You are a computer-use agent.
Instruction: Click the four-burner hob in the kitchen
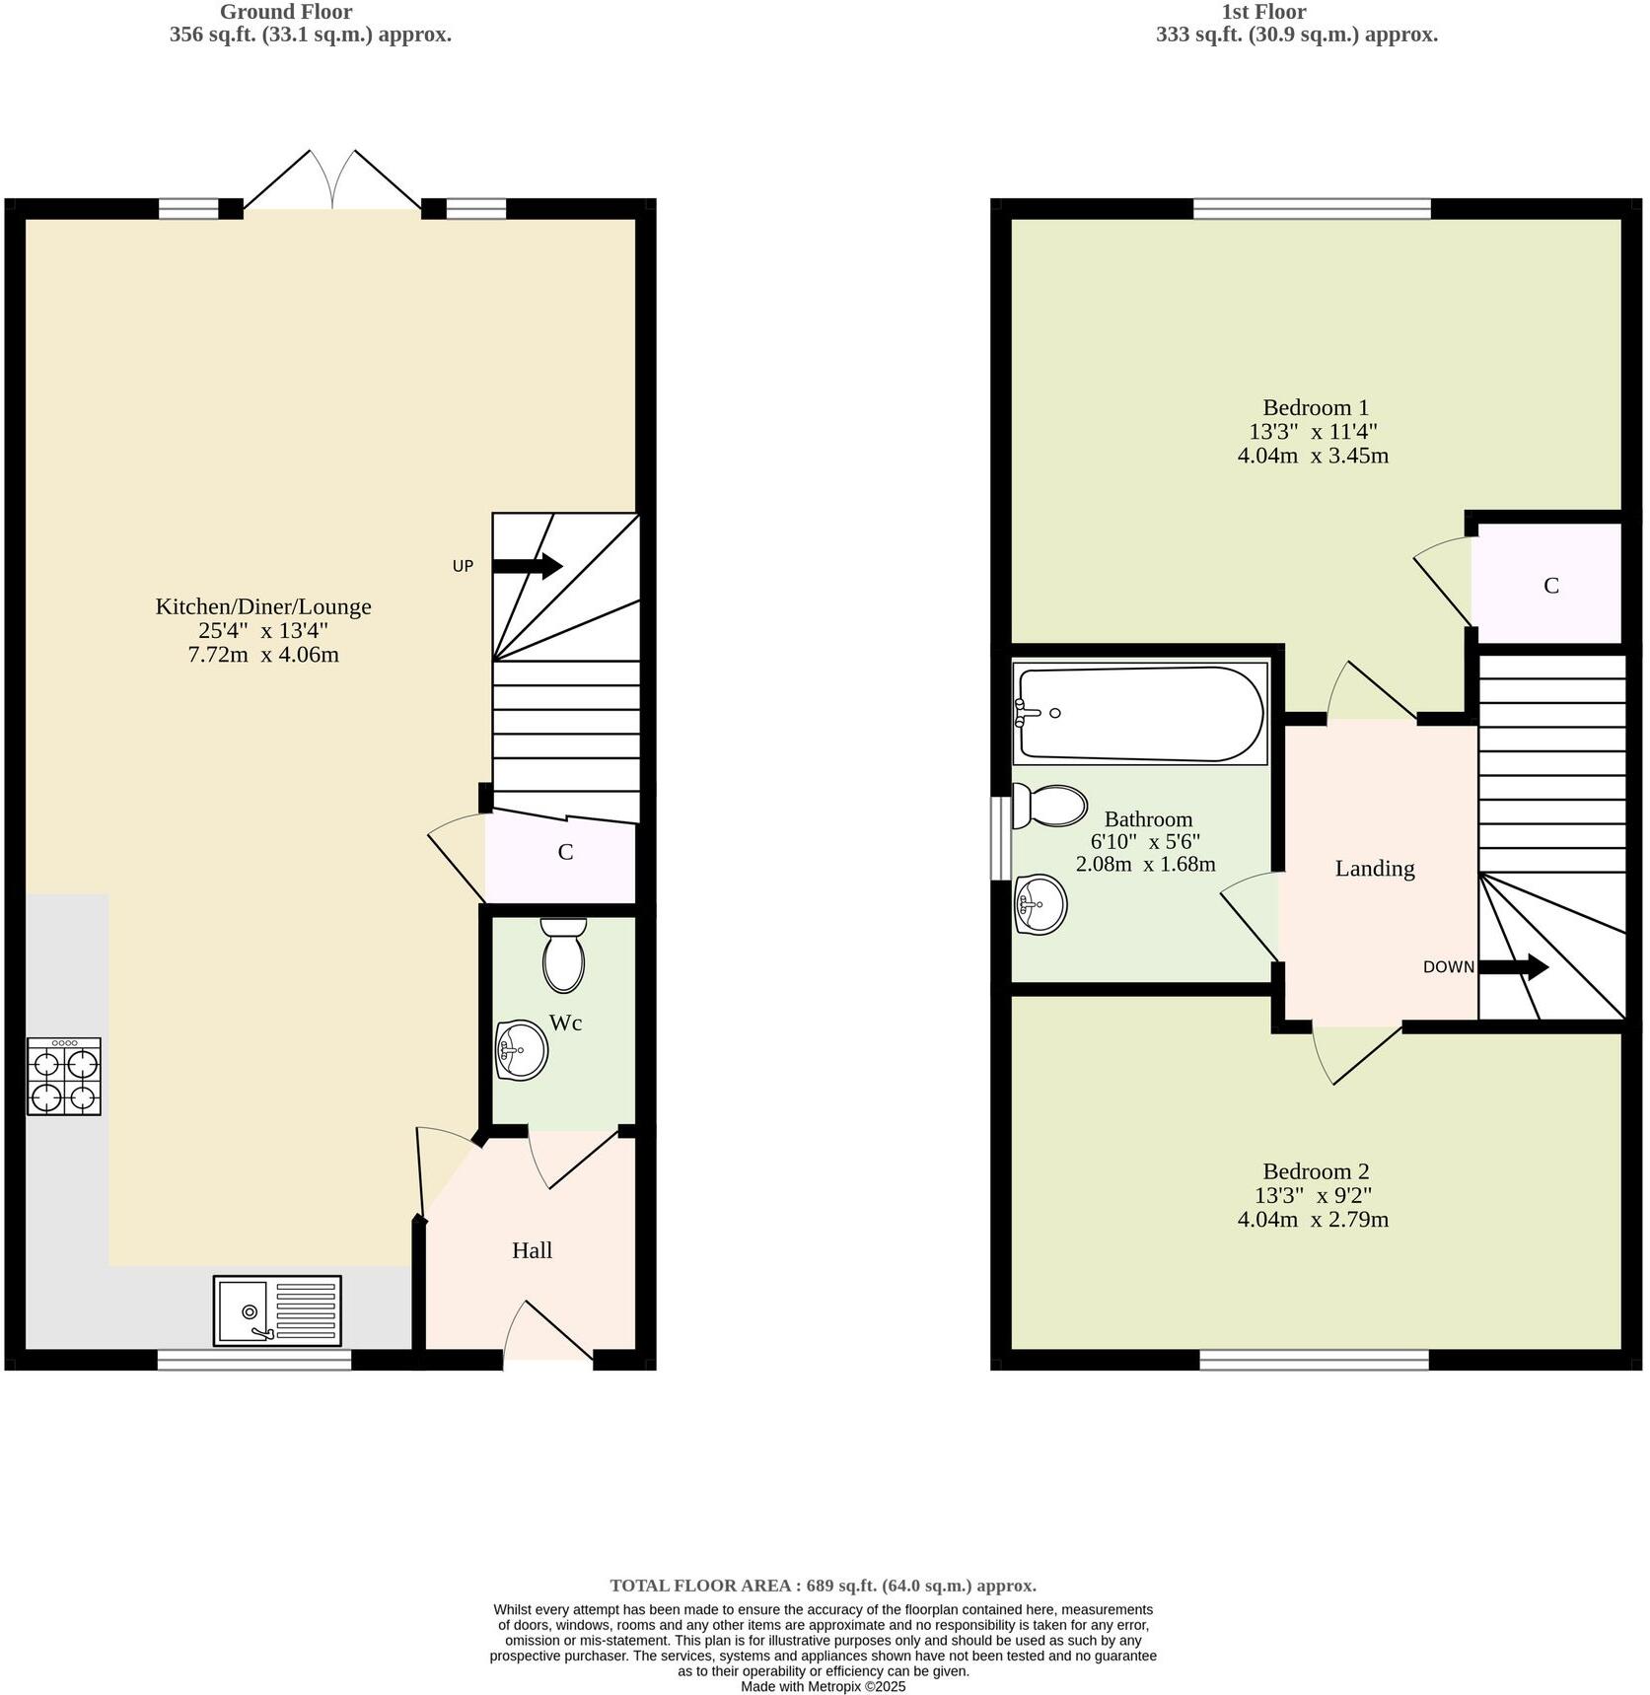coord(64,1076)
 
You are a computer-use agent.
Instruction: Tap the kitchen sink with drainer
coord(277,1310)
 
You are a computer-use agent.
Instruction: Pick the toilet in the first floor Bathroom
coord(1049,807)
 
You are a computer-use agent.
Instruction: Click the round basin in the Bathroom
coord(1040,903)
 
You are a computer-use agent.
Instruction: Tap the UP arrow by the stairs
coord(527,566)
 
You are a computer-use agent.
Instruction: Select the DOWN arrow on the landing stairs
coord(1514,966)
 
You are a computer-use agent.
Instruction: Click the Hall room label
coord(532,1250)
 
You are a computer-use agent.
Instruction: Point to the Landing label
coord(1374,868)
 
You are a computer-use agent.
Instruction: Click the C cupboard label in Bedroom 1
coord(1550,586)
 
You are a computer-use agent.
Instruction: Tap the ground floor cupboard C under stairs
coord(565,852)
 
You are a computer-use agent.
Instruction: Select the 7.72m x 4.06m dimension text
coord(263,655)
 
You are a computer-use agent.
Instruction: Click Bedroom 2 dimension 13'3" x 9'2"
coord(1313,1195)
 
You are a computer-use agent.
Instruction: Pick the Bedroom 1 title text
coord(1315,407)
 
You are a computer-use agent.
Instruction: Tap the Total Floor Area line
coord(823,1586)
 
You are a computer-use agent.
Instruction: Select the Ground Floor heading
coord(285,12)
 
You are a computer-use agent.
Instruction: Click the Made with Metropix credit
coord(823,1686)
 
